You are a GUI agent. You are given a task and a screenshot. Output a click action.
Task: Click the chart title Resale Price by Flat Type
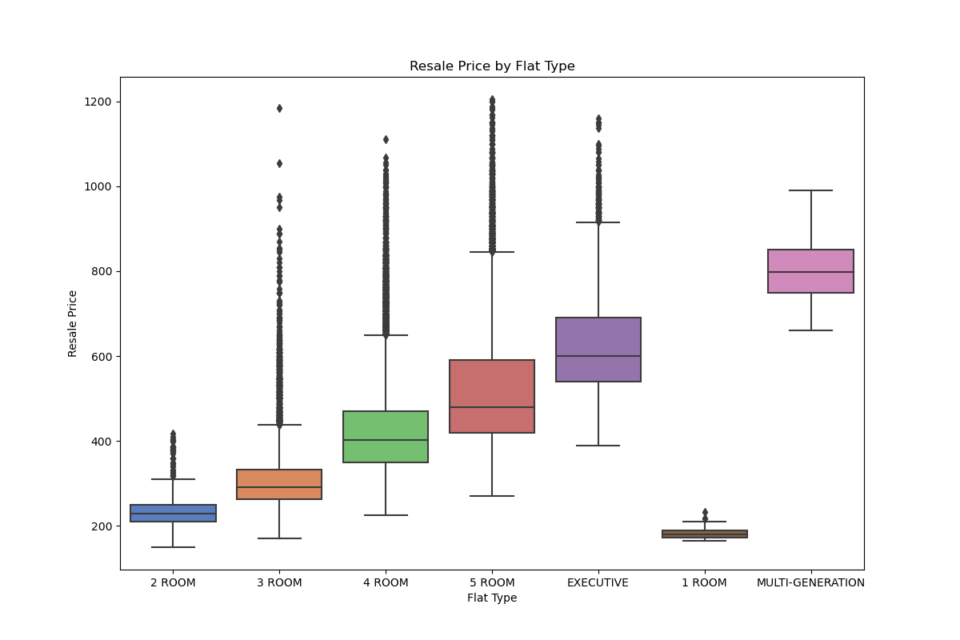pos(492,66)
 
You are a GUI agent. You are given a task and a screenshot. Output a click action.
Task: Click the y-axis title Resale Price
pos(73,323)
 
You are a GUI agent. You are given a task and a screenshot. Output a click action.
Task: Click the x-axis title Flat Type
pos(492,598)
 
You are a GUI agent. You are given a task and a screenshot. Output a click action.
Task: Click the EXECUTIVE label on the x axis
pos(598,582)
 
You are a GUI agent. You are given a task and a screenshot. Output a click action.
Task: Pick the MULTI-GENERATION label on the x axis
pos(810,582)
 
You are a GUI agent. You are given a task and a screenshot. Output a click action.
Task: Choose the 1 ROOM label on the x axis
pos(704,582)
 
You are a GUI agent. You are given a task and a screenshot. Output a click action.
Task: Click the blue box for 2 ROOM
pos(173,513)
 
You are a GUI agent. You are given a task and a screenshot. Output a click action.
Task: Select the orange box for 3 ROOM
pos(279,484)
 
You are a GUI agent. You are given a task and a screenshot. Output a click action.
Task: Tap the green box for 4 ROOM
pos(386,437)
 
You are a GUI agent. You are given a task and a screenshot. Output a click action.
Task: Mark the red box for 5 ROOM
pos(492,396)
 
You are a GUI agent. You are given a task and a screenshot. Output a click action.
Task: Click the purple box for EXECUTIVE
pos(598,350)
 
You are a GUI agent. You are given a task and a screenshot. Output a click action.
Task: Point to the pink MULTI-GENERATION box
pos(810,271)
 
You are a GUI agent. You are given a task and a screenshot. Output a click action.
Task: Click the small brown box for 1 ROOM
pos(705,534)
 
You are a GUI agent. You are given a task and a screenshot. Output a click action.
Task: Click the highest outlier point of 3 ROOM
pos(279,108)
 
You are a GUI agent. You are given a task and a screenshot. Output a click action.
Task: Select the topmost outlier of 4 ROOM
pos(386,139)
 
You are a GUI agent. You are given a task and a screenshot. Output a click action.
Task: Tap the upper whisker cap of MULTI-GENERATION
pos(810,190)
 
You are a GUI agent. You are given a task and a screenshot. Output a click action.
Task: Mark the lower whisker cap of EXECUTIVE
pos(598,446)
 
